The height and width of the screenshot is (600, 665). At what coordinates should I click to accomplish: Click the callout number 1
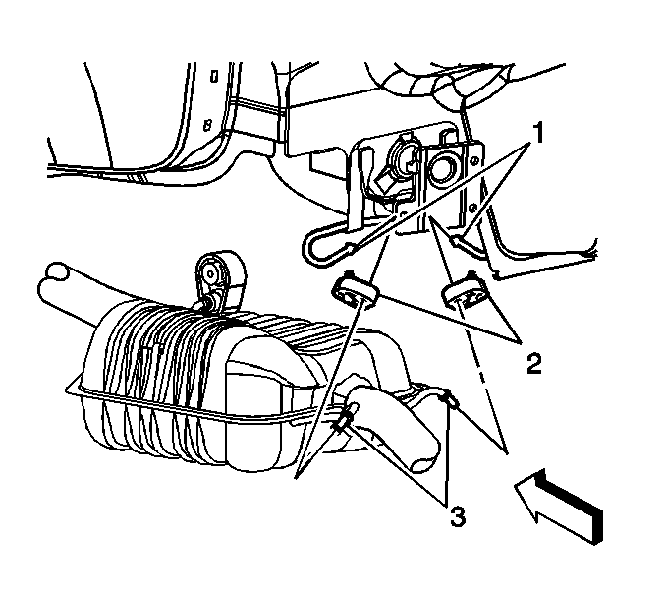point(537,133)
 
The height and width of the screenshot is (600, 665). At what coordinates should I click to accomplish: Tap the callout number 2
point(534,364)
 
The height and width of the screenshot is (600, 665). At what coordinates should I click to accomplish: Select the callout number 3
point(457,516)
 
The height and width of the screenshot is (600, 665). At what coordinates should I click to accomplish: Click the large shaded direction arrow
point(559,507)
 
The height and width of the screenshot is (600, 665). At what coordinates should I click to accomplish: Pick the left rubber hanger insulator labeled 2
point(355,291)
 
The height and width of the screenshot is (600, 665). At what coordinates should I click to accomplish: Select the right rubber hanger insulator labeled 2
point(465,292)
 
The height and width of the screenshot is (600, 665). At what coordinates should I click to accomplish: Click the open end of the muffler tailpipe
point(424,463)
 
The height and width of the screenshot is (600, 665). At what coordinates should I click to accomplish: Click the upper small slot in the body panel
point(214,77)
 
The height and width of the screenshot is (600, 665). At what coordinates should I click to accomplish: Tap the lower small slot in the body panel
point(208,125)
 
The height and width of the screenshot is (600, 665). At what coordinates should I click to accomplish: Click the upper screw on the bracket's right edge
point(475,159)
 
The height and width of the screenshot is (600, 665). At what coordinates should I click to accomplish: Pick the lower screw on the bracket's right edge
point(474,208)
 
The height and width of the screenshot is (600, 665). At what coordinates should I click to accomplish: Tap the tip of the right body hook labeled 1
point(455,242)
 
